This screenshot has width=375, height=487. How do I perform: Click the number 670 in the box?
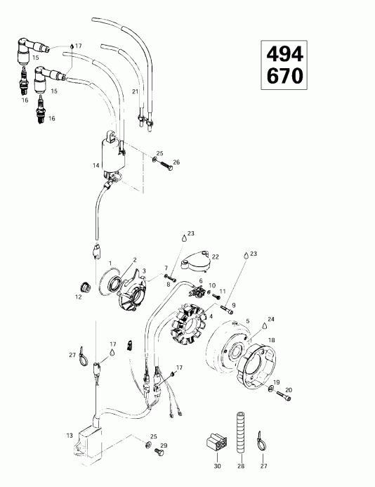click(285, 75)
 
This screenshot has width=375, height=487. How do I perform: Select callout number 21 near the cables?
click(136, 92)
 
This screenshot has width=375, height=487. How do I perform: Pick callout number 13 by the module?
click(69, 436)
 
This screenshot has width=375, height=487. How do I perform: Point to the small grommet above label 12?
click(85, 286)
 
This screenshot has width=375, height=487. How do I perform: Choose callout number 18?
click(272, 339)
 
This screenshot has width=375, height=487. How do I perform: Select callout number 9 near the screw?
click(235, 305)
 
